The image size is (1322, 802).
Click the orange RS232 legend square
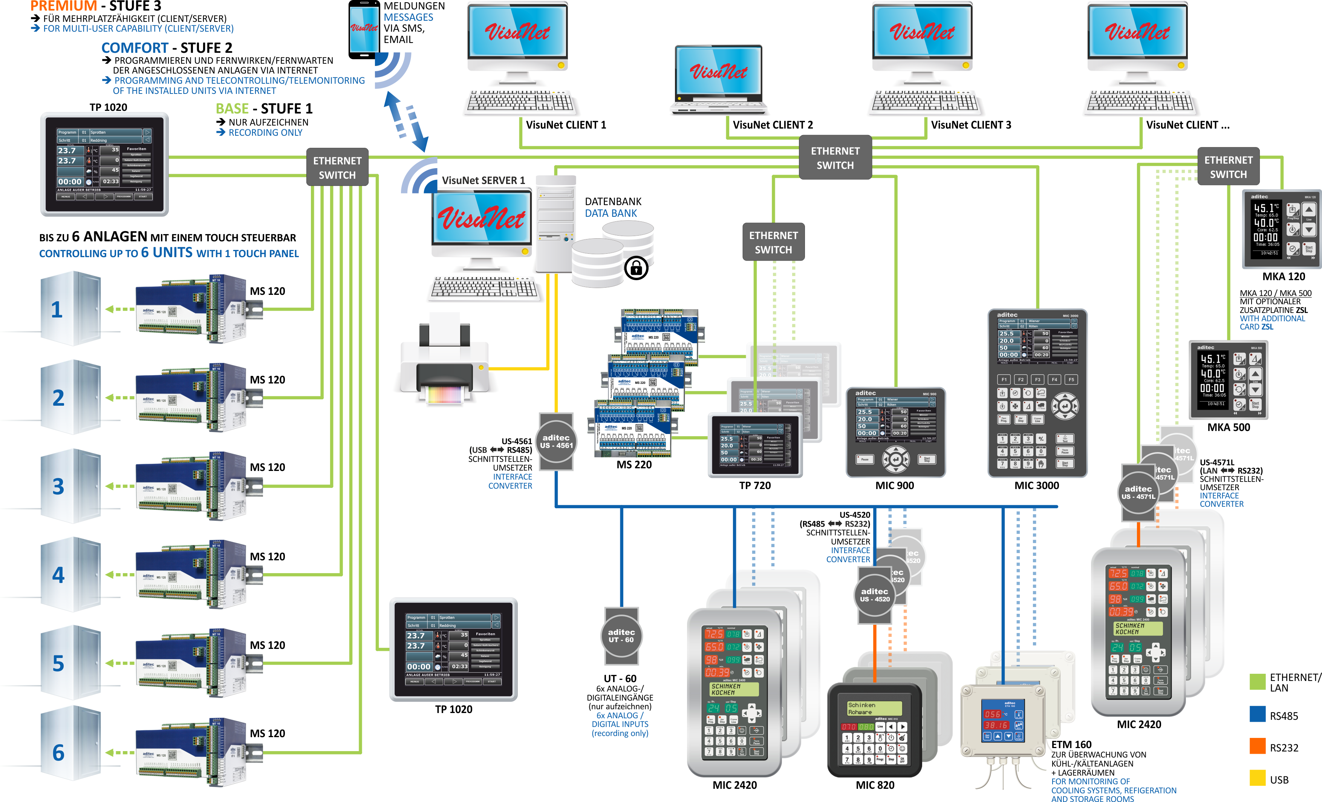[x=1257, y=746]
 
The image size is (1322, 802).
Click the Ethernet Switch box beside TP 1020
[x=337, y=167]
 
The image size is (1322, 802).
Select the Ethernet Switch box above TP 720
[x=773, y=242]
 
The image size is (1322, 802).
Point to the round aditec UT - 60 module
[x=621, y=636]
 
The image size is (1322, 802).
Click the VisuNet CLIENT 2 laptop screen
[x=718, y=71]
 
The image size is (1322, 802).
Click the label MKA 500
[x=1228, y=427]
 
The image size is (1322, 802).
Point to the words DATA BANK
[x=611, y=213]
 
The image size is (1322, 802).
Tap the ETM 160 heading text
[x=1071, y=744]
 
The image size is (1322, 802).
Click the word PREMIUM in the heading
[x=63, y=6]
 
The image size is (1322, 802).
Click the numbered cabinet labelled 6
[x=70, y=744]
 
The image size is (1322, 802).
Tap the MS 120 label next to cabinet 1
[x=267, y=291]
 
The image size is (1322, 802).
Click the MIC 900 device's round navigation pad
[x=895, y=459]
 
